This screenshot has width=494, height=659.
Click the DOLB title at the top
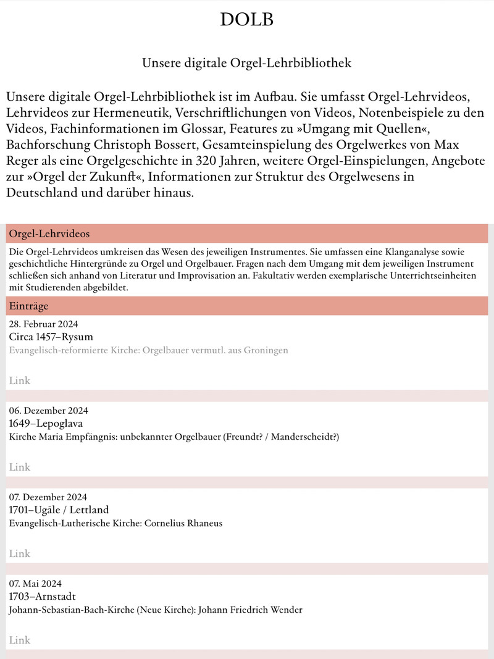coord(246,20)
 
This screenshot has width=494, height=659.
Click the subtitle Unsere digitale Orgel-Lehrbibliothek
coord(246,63)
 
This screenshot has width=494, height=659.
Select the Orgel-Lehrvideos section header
coord(49,234)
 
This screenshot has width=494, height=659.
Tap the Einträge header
coord(28,306)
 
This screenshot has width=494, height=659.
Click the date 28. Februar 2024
coord(43,324)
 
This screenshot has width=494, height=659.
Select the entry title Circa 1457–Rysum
coord(51,337)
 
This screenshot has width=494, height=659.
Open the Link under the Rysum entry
coord(19,380)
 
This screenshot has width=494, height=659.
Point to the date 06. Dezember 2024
coord(49,411)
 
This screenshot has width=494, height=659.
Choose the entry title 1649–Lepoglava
coord(46,423)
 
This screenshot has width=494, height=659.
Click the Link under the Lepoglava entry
coord(19,467)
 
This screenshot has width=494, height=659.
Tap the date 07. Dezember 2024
coord(48,497)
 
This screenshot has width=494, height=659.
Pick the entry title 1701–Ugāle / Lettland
coord(59,510)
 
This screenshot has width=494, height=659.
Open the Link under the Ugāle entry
coord(19,553)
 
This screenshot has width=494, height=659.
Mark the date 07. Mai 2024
coord(35,584)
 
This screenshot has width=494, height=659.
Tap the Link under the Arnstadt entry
coord(19,640)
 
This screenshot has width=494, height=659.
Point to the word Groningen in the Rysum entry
coord(266,350)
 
